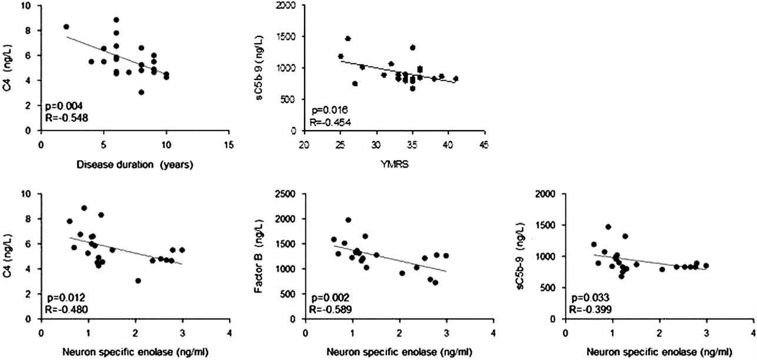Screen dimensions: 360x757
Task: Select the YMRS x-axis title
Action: tap(393, 165)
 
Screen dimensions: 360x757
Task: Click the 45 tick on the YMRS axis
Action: tap(483, 141)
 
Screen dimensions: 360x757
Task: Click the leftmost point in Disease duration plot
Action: tap(66, 26)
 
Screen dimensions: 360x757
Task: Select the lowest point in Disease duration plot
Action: tap(141, 92)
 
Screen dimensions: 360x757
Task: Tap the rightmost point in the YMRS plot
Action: tap(455, 78)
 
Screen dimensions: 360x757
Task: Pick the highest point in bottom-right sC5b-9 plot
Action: tap(608, 226)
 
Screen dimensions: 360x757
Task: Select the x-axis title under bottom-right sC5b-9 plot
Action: tap(648, 354)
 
